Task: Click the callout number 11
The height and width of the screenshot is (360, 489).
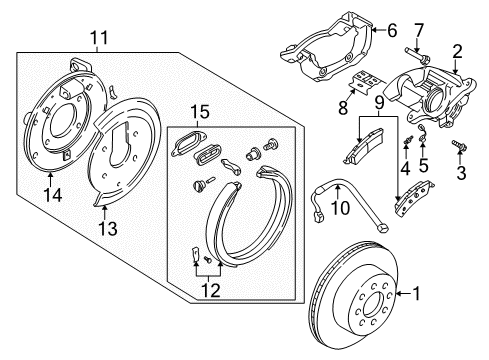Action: (x=97, y=39)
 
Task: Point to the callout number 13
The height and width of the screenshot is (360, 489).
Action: (x=107, y=230)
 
